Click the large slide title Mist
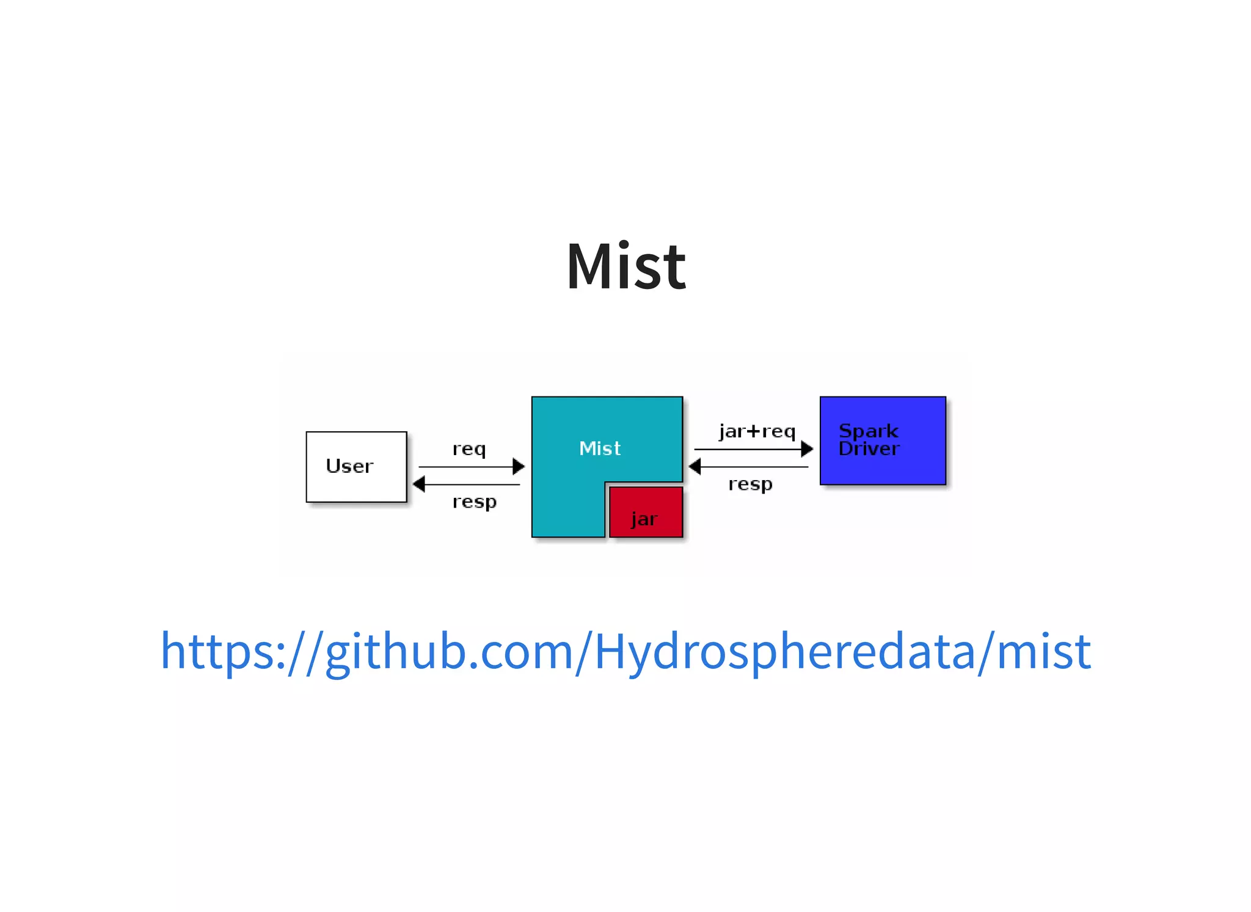[626, 266]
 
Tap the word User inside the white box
[349, 466]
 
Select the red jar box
[646, 512]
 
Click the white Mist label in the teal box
[600, 448]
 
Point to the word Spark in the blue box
[868, 431]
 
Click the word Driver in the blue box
[869, 449]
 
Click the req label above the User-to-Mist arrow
[469, 449]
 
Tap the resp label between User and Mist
[475, 502]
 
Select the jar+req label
[757, 431]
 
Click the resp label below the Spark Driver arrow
[750, 484]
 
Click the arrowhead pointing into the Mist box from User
[519, 467]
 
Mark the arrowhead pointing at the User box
[419, 484]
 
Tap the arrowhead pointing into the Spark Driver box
[807, 449]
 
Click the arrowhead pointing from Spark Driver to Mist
[695, 467]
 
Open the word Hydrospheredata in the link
[785, 652]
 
